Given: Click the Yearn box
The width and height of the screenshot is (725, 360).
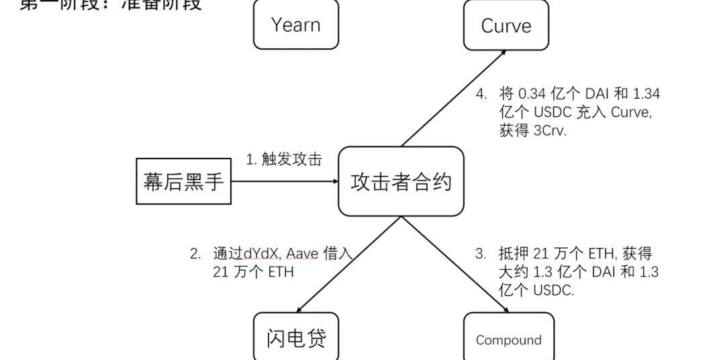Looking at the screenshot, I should [296, 25].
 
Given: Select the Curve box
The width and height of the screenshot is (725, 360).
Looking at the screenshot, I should [506, 26].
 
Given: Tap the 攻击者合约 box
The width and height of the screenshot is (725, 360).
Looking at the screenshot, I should [401, 181].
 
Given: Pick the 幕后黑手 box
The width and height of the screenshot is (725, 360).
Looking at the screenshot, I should [183, 181].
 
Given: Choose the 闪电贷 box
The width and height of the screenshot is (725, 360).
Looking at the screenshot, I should [296, 338].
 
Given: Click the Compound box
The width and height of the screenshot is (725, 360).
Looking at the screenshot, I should [508, 340].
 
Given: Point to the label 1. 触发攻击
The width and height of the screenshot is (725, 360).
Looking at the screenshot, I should [283, 159].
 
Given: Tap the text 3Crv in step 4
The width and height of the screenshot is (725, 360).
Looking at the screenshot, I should [550, 131].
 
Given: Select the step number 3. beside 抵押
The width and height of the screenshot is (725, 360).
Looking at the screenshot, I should [480, 253].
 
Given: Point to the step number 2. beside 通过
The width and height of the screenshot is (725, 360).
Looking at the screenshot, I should [195, 253].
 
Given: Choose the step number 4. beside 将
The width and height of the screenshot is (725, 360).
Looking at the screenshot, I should [481, 93].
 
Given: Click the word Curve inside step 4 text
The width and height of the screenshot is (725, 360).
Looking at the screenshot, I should [630, 112].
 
